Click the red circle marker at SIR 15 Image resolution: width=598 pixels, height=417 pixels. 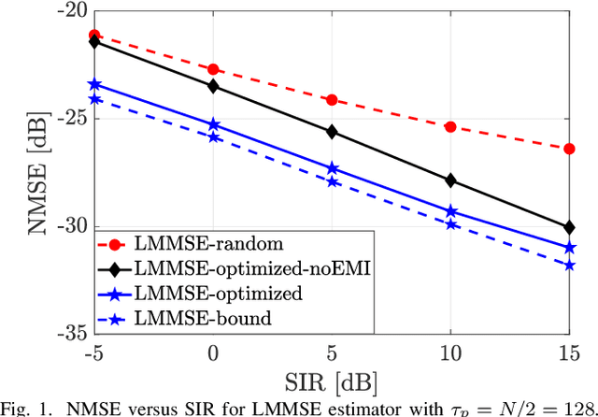570,149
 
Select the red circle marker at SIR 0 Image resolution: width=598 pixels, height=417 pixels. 213,69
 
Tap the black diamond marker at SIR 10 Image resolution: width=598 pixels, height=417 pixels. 451,180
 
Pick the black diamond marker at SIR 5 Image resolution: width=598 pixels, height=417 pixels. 332,132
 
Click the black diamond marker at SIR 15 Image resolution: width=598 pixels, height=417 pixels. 570,227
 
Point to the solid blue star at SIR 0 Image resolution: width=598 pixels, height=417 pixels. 213,124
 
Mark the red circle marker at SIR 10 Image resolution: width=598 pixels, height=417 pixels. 451,126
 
